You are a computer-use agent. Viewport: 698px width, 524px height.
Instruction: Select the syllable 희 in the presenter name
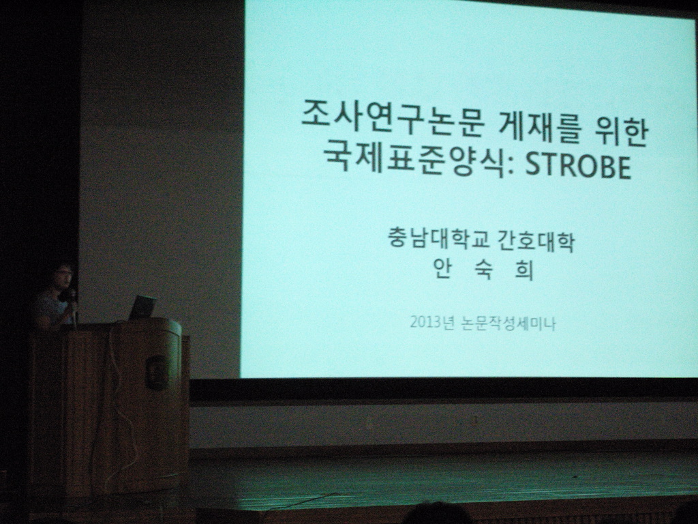coord(523,270)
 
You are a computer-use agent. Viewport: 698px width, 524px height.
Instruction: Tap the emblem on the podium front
coord(157,372)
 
